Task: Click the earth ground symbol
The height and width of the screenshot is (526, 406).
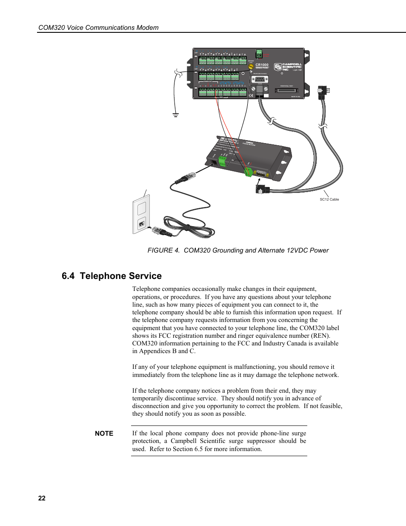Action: coord(175,115)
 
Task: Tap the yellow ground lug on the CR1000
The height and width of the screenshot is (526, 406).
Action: coord(251,67)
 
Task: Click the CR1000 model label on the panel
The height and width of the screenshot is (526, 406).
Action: coord(262,65)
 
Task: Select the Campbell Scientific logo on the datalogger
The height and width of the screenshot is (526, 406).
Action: coord(288,67)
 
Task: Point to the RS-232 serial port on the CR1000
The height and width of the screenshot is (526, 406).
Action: coord(260,79)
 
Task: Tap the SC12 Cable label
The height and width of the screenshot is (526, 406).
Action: coord(329,199)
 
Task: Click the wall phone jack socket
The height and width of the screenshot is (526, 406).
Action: coord(142,223)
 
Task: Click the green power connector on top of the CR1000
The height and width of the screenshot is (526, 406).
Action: coord(259,54)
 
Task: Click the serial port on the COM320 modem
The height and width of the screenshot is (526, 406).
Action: coord(260,173)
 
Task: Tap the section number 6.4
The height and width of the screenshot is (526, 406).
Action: coord(68,276)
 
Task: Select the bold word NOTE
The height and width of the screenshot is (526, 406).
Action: coord(104,434)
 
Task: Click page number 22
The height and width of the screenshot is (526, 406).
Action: coord(42,498)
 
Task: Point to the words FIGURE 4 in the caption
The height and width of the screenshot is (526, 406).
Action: coord(163,250)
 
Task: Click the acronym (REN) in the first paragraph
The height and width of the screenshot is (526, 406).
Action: coord(321,336)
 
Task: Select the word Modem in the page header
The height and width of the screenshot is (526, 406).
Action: coord(147,28)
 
